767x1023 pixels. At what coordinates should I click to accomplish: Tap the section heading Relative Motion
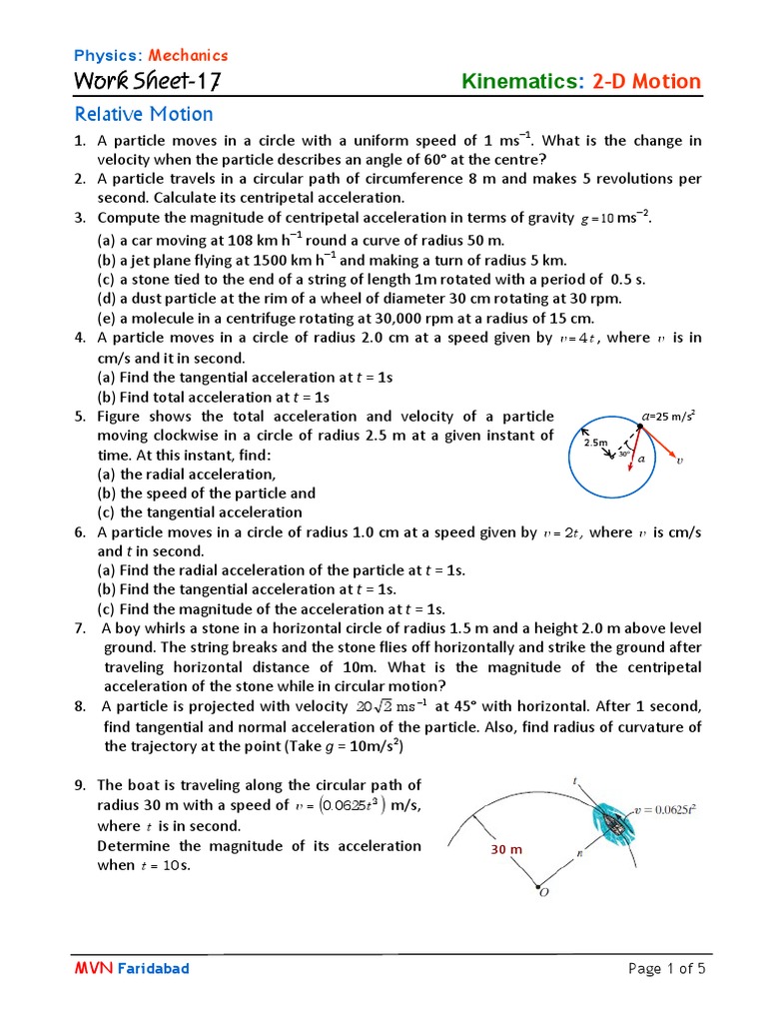[145, 114]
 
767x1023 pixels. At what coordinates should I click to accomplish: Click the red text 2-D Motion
[647, 82]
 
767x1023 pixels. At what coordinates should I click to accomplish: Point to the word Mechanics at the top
[188, 55]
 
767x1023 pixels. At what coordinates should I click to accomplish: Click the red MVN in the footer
[93, 968]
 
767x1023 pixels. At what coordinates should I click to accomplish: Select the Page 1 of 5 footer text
[666, 968]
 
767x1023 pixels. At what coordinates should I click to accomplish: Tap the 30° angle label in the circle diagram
[623, 453]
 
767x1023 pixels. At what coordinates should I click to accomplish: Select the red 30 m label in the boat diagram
[506, 849]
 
